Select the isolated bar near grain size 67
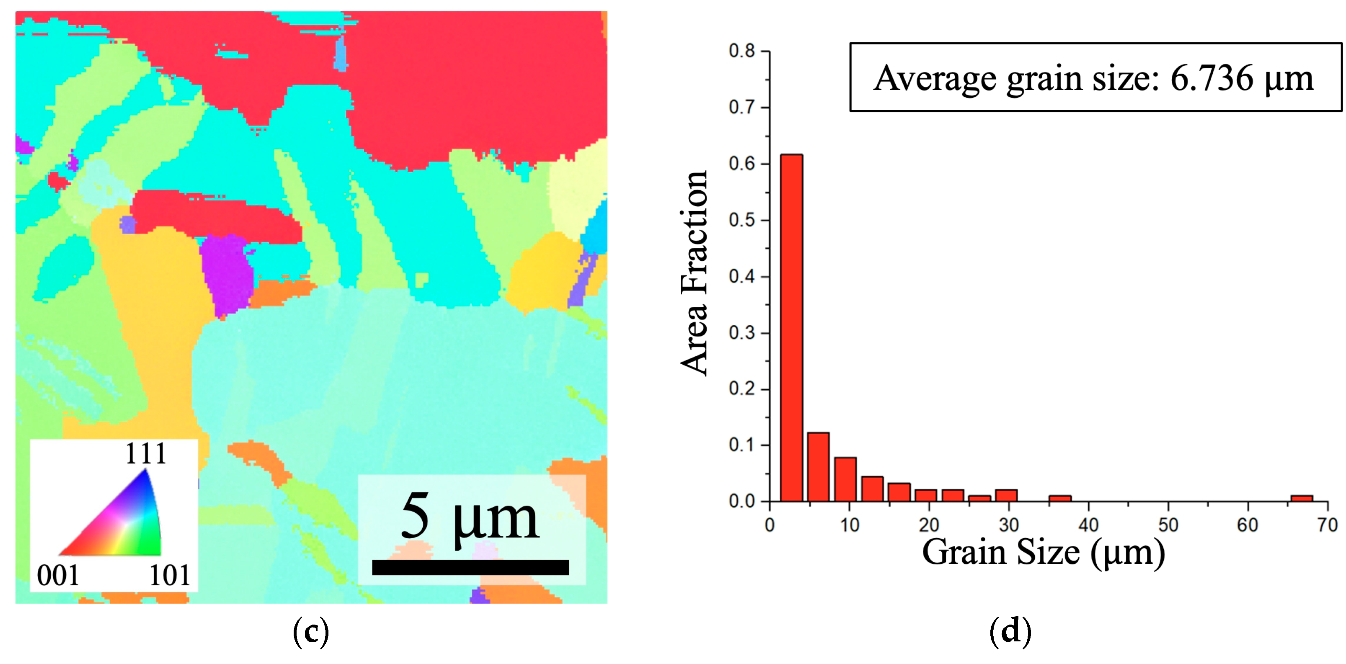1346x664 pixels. [x=1301, y=498]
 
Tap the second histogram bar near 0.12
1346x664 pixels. [x=818, y=467]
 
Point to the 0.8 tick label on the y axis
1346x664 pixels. [x=742, y=51]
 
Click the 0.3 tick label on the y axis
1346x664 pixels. [x=742, y=333]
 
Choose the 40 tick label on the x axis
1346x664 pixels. [x=1088, y=525]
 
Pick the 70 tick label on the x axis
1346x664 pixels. [x=1327, y=525]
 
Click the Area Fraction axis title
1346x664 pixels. [x=695, y=273]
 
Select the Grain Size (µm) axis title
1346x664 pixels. [x=1044, y=552]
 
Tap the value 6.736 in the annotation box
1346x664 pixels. [x=1211, y=78]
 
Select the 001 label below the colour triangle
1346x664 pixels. [x=58, y=576]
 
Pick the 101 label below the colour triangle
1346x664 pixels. [x=170, y=576]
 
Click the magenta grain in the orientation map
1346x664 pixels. [x=226, y=275]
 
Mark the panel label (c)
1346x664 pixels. [x=311, y=632]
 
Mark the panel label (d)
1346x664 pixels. [x=1010, y=632]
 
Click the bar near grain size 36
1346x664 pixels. [x=1059, y=498]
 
